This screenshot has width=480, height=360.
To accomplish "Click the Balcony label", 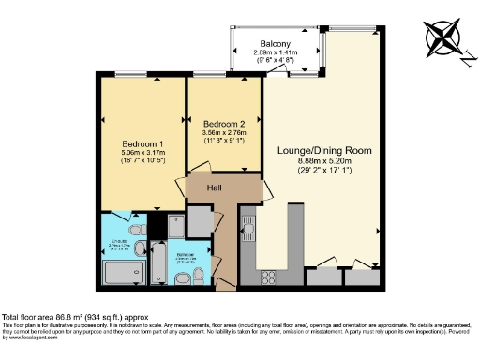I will (x=274, y=44).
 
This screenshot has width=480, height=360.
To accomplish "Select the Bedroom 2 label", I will (x=224, y=123).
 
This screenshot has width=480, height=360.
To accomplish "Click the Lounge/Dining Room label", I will (x=325, y=150).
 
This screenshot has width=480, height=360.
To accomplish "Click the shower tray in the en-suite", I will (x=121, y=274).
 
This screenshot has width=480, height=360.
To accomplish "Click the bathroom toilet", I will (x=198, y=276).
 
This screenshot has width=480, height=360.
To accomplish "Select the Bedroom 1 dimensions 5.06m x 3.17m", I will (x=138, y=137).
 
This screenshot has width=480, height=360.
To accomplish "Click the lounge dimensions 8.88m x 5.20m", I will (x=325, y=165).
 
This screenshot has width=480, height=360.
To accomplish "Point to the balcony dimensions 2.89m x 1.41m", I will (x=274, y=56).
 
